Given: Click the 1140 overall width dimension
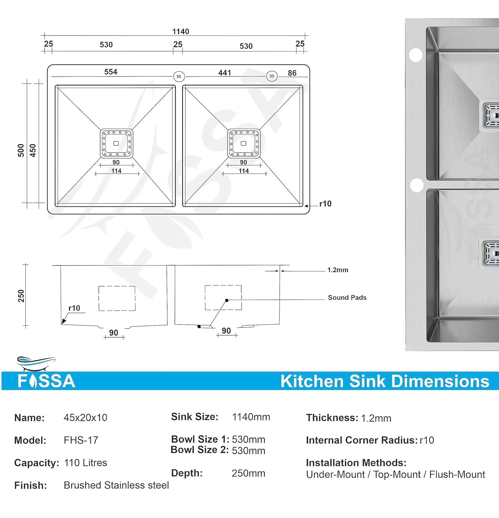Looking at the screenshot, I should (x=180, y=31).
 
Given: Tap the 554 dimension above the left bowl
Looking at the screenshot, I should (x=111, y=72).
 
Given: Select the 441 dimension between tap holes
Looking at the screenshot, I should (x=225, y=73).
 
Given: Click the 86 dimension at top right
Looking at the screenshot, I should (x=292, y=73).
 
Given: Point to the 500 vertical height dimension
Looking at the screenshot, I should (x=21, y=150).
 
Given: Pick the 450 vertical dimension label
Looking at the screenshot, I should (x=33, y=150).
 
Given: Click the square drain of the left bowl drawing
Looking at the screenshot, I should (x=116, y=143).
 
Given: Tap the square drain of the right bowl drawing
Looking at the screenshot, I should (x=244, y=143).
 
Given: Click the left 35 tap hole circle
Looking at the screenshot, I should (x=179, y=76).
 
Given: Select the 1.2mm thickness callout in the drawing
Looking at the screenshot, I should (x=338, y=270).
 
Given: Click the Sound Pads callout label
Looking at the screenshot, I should (x=347, y=297).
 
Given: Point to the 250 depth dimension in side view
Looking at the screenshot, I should (x=21, y=296).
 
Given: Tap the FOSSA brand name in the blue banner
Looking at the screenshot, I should (x=46, y=381).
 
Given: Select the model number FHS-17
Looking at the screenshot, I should (x=81, y=440).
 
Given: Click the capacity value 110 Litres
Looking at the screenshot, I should (x=85, y=463).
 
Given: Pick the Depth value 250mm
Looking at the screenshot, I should (x=248, y=473).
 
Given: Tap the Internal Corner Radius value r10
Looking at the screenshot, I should (x=427, y=440).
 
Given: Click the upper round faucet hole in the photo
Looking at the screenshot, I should (x=416, y=55).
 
